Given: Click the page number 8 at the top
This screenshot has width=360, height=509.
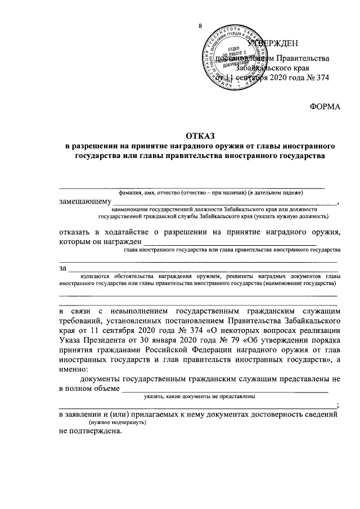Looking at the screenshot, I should coord(200,26).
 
